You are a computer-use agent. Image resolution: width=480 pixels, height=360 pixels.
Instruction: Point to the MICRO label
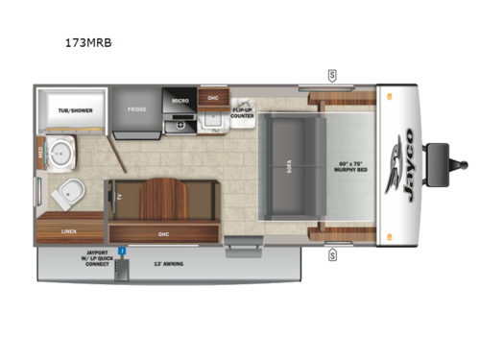[180, 99]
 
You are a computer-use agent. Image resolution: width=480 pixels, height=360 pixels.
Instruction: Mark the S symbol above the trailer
[333, 74]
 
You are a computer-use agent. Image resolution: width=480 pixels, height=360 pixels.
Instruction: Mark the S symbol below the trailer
[333, 254]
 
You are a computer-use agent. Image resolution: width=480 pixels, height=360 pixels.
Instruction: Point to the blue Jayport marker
[122, 251]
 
